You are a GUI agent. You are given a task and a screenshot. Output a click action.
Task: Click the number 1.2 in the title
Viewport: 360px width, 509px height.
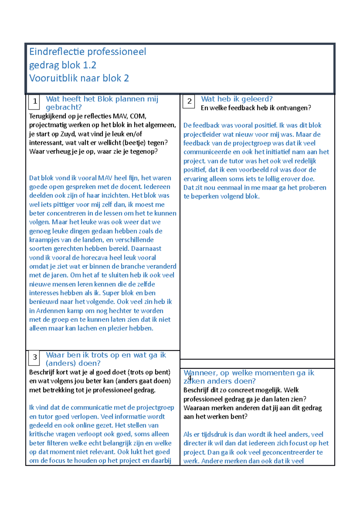point(89,65)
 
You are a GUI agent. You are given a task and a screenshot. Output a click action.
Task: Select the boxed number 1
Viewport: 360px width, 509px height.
point(35,101)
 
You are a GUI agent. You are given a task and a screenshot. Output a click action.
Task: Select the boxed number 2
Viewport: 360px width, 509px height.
point(189,101)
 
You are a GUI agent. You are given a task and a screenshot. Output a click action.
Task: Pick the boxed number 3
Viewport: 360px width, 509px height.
point(35,357)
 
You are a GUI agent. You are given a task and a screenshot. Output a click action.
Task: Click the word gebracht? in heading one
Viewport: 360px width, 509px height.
point(64,107)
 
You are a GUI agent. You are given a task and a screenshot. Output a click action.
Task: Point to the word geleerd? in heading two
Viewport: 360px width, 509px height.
point(257,99)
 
